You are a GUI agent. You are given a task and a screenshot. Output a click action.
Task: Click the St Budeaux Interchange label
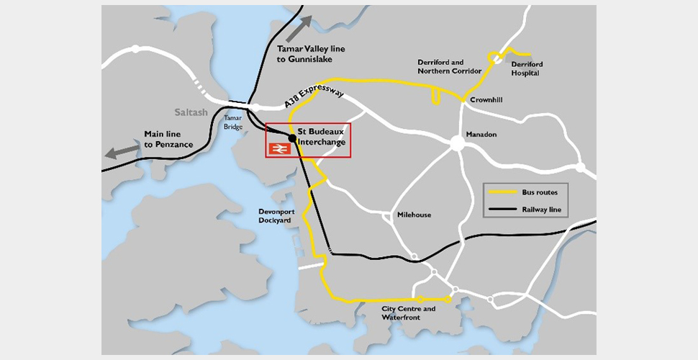[322, 138]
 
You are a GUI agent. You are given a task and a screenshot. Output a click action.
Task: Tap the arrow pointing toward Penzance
[123, 150]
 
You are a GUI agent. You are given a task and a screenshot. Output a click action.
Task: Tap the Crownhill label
[484, 102]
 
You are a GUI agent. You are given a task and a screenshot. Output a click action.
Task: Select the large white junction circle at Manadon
[456, 143]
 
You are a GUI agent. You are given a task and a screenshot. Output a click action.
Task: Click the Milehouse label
[415, 215]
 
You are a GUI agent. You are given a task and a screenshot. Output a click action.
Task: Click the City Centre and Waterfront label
[408, 312]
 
